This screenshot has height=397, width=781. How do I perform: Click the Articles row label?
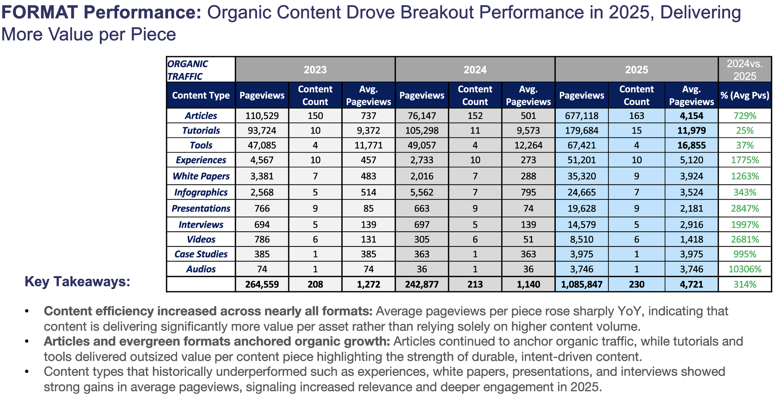(201, 116)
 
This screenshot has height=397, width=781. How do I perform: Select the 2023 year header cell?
(315, 70)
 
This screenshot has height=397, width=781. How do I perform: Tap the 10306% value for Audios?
(745, 269)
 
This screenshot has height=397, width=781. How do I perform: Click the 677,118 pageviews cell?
(582, 116)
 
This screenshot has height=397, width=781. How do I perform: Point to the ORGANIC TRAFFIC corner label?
(188, 70)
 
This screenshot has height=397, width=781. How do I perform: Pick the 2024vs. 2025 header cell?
(745, 70)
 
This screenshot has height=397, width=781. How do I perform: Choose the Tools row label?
(201, 145)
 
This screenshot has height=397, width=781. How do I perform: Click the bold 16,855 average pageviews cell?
(691, 145)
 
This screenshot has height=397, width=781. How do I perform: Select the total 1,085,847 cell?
(582, 284)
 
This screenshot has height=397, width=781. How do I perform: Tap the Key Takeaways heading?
(77, 282)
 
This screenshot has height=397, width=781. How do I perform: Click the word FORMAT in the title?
(40, 12)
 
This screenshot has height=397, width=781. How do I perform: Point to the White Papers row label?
(201, 176)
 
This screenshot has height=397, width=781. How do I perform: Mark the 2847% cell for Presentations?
(745, 208)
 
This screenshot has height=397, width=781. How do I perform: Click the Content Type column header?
(201, 95)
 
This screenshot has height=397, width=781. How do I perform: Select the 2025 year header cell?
(636, 70)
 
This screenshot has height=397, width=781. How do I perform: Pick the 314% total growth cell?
(745, 284)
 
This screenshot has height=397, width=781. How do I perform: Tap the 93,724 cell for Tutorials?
(262, 130)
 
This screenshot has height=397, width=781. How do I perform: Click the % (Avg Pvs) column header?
(745, 95)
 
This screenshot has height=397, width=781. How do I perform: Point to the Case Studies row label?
(201, 254)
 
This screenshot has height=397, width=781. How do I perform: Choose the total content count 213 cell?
(475, 284)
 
